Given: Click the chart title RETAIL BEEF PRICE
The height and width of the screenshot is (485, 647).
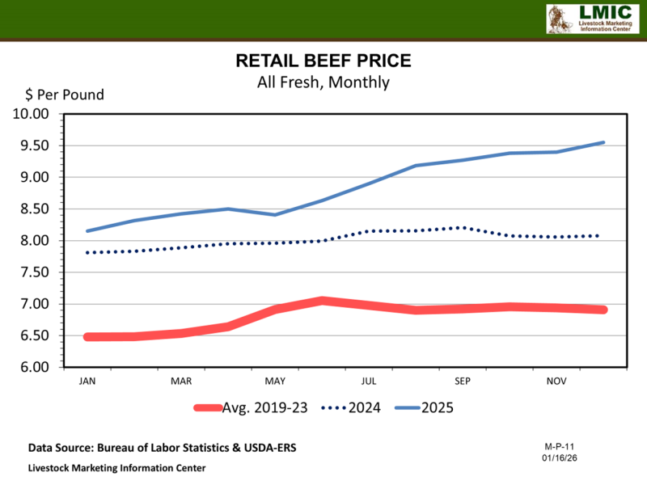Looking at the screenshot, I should tap(323, 61).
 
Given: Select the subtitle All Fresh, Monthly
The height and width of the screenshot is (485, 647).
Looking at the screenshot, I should tap(323, 82).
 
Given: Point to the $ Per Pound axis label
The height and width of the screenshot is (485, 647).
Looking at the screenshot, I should tap(58, 95).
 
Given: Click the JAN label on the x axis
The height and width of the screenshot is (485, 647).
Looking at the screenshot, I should tap(87, 381).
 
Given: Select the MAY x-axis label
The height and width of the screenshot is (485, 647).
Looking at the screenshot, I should tap(275, 381).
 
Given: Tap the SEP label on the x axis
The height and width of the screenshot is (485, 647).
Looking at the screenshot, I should tap(463, 381).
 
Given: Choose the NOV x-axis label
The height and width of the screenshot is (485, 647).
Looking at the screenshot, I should tap(556, 381).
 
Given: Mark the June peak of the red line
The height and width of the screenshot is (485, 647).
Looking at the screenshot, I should tap(322, 301).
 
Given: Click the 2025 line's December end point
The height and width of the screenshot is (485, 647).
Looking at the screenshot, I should tap(604, 142).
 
